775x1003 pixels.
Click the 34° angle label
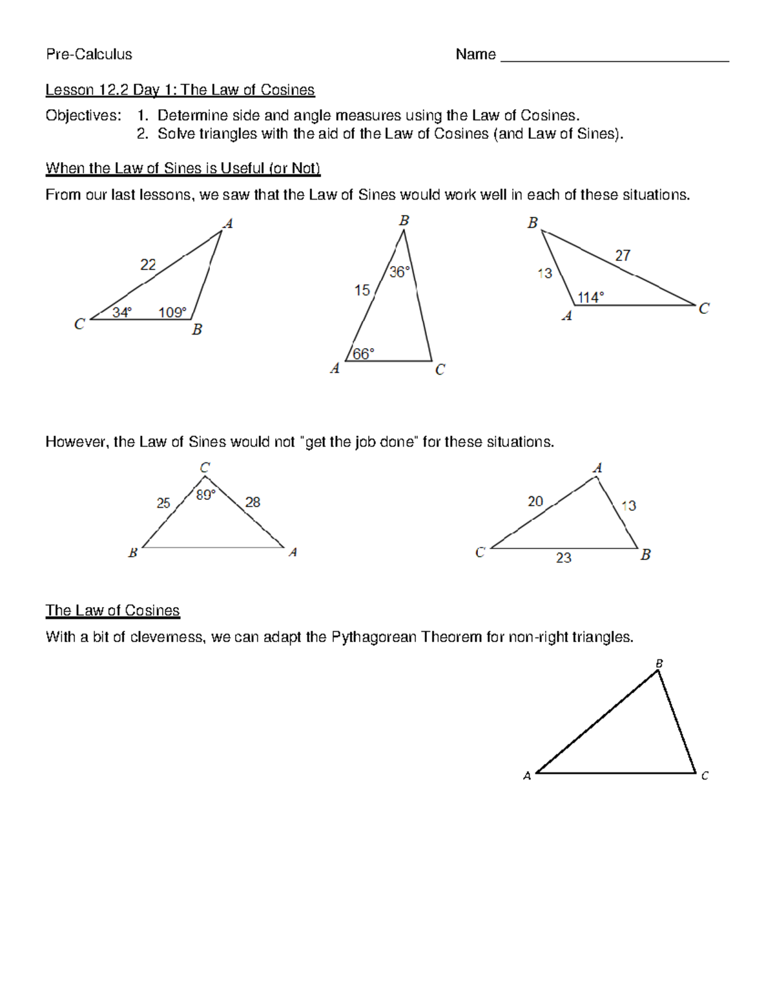point(121,313)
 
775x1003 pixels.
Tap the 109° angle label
point(172,313)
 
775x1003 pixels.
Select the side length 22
point(148,265)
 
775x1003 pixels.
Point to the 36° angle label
point(399,273)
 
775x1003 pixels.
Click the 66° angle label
point(363,354)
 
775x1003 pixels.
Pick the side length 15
point(362,291)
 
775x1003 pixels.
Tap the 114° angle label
point(590,298)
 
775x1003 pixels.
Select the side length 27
point(623,256)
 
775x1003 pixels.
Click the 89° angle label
point(205,495)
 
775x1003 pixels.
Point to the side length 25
point(163,503)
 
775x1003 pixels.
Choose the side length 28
point(253,502)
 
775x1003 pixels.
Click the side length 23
point(564,558)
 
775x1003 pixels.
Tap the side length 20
point(535,502)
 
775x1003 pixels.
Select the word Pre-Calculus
point(89,54)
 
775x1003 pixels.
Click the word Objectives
point(83,116)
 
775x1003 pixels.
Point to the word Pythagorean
point(374,637)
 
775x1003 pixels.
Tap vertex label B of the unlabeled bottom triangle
point(659,664)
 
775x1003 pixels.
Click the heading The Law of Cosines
point(112,610)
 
